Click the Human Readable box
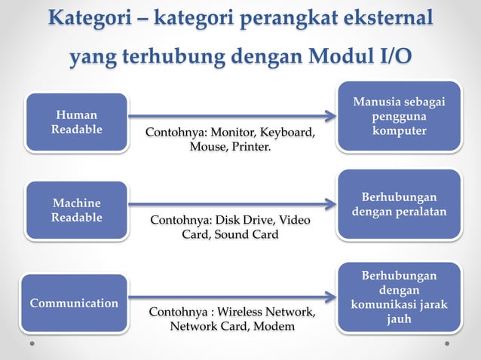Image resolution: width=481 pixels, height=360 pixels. pos(76,121)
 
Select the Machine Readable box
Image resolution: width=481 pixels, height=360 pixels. pos(76,210)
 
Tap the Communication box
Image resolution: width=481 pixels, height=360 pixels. pos(74,303)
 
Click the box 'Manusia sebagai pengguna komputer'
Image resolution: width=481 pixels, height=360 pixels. pos(399,116)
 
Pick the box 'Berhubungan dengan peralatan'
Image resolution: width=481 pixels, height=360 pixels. pos(399,204)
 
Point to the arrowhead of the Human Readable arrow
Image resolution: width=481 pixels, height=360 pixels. pos(330,116)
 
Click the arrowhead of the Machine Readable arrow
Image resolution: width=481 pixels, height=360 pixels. pos(330,204)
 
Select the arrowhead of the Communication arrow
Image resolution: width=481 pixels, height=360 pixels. pos(330,297)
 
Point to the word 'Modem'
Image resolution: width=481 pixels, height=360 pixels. pos(274,326)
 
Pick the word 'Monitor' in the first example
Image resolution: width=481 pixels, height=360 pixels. pos(227,133)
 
